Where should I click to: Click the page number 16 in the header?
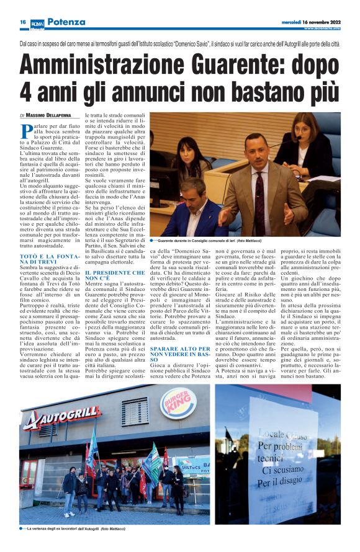point(22,22)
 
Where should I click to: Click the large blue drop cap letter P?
point(27,132)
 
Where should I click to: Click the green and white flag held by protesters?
point(151,458)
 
